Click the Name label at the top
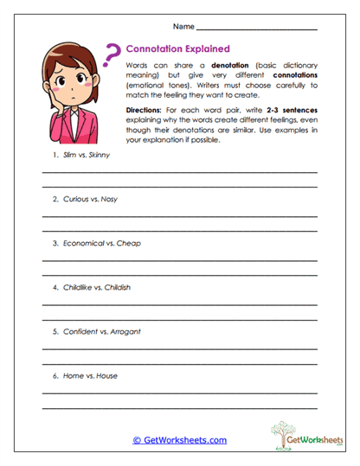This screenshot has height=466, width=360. [x=183, y=28]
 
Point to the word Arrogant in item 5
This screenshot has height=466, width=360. [x=125, y=331]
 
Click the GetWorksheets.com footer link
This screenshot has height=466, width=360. [x=180, y=440]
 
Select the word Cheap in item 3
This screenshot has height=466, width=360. [x=128, y=243]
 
